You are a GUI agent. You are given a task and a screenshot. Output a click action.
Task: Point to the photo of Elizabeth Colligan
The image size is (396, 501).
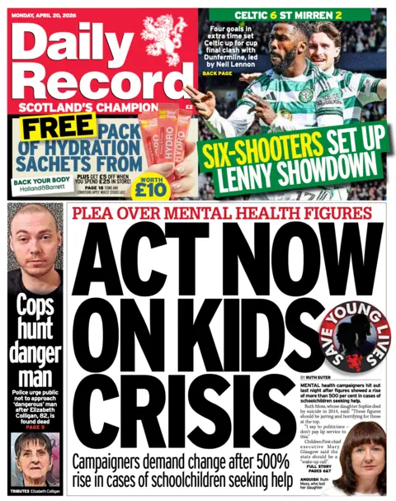pyautogui.click(x=35, y=458)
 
